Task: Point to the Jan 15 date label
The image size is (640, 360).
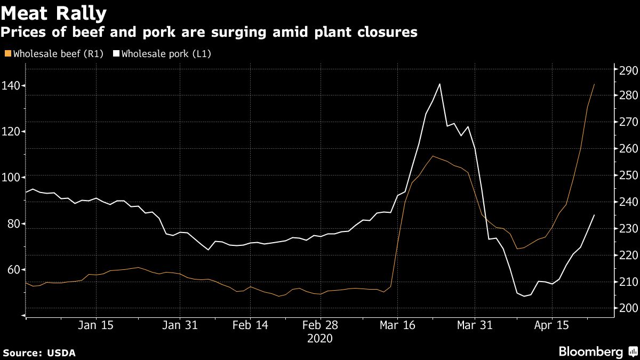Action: point(96,325)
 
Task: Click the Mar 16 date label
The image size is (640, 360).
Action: point(397,325)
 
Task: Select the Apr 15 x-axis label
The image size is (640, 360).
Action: point(552,325)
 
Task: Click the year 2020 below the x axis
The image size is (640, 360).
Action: point(320,339)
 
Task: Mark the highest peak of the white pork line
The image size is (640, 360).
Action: point(439,84)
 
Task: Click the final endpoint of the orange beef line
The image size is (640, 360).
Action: point(595,84)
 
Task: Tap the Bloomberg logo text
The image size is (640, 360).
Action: point(590,352)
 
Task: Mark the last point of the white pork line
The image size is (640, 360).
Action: point(595,215)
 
